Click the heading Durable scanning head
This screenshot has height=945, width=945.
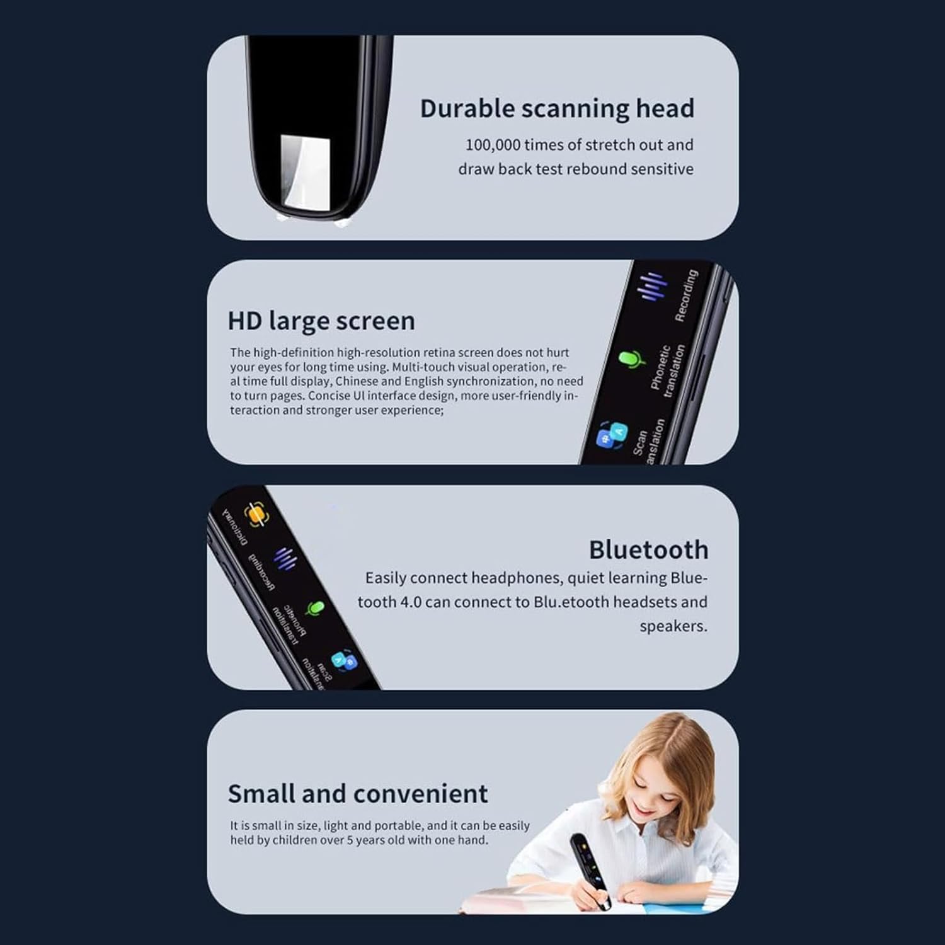tap(557, 108)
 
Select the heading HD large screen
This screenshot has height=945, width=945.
tap(321, 321)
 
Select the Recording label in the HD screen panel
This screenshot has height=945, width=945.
tap(686, 295)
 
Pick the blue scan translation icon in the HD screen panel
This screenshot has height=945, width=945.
tap(611, 435)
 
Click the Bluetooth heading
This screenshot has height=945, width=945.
tap(648, 550)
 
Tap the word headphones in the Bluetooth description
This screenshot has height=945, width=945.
tap(517, 578)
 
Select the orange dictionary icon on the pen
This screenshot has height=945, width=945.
tap(255, 515)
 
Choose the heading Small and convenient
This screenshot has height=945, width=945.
tap(357, 794)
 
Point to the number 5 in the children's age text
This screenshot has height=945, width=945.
tap(350, 840)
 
